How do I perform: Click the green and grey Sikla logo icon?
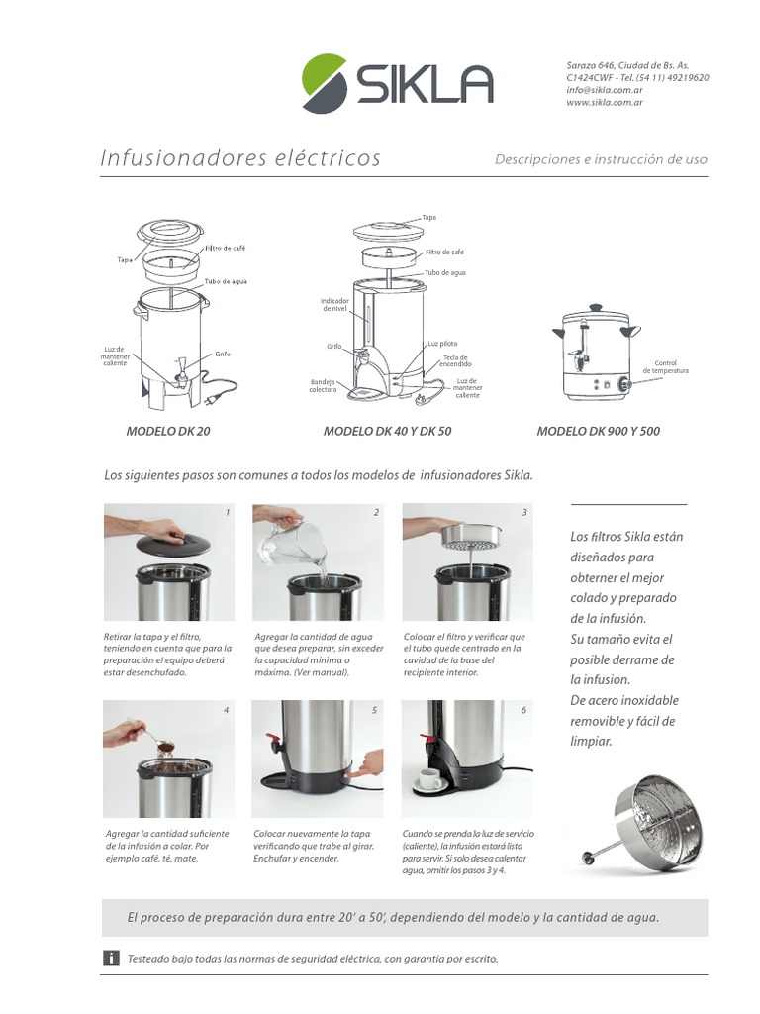click(x=325, y=83)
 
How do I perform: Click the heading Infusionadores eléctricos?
click(x=240, y=158)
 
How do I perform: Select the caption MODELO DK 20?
click(x=168, y=432)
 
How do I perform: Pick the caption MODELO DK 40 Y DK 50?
click(x=387, y=432)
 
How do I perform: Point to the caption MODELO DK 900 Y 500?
click(x=598, y=432)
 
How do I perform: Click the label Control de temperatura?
click(x=665, y=366)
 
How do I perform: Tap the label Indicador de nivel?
click(x=335, y=304)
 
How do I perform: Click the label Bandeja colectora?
click(x=324, y=385)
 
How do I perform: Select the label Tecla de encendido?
click(x=455, y=360)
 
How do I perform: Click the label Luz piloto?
click(x=442, y=343)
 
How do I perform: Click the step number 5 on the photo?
click(x=374, y=710)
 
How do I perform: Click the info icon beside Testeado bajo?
click(x=112, y=958)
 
